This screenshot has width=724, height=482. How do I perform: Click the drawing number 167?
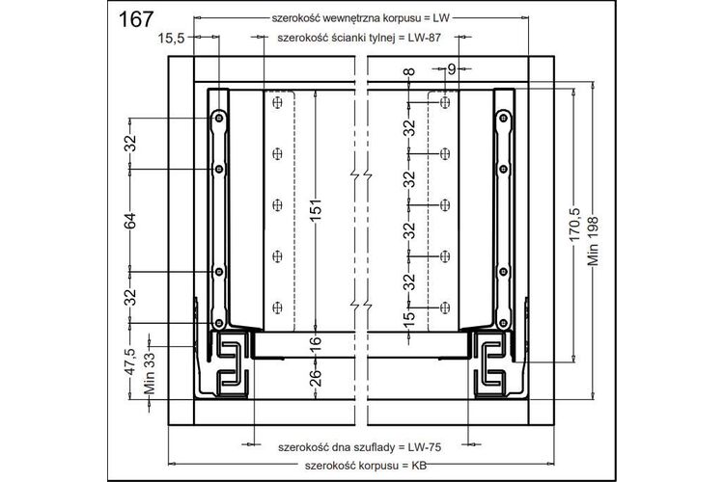pyautogui.click(x=136, y=19)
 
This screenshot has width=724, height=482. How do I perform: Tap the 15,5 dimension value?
pyautogui.click(x=171, y=38)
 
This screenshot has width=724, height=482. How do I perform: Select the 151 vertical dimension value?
pyautogui.click(x=316, y=210)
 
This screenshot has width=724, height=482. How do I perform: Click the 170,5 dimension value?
pyautogui.click(x=574, y=225)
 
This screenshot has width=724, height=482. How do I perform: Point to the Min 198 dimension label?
pyautogui.click(x=593, y=241)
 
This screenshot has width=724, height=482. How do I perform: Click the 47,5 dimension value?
pyautogui.click(x=131, y=361)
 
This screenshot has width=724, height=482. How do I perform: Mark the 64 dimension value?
pyautogui.click(x=131, y=221)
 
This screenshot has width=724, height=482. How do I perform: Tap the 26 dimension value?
pyautogui.click(x=315, y=378)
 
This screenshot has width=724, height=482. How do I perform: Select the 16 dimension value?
pyautogui.click(x=315, y=343)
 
